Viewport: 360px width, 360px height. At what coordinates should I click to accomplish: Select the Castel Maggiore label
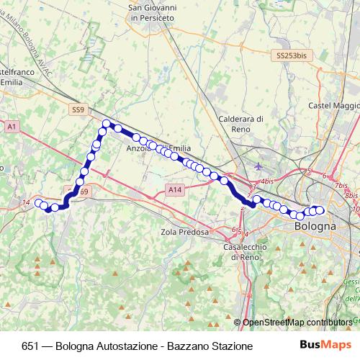[x=334, y=106]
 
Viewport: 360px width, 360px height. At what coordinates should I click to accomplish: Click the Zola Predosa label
[x=185, y=233]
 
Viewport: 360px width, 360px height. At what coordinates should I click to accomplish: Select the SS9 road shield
[x=78, y=109]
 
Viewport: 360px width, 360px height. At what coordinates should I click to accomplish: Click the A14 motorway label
[x=174, y=189]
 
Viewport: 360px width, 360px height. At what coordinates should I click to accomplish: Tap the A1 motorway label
[x=12, y=126]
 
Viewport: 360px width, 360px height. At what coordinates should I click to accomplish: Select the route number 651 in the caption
[x=31, y=346]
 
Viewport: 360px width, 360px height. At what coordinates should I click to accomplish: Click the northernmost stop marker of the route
[x=106, y=124]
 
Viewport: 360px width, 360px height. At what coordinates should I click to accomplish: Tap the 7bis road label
[x=342, y=185]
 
